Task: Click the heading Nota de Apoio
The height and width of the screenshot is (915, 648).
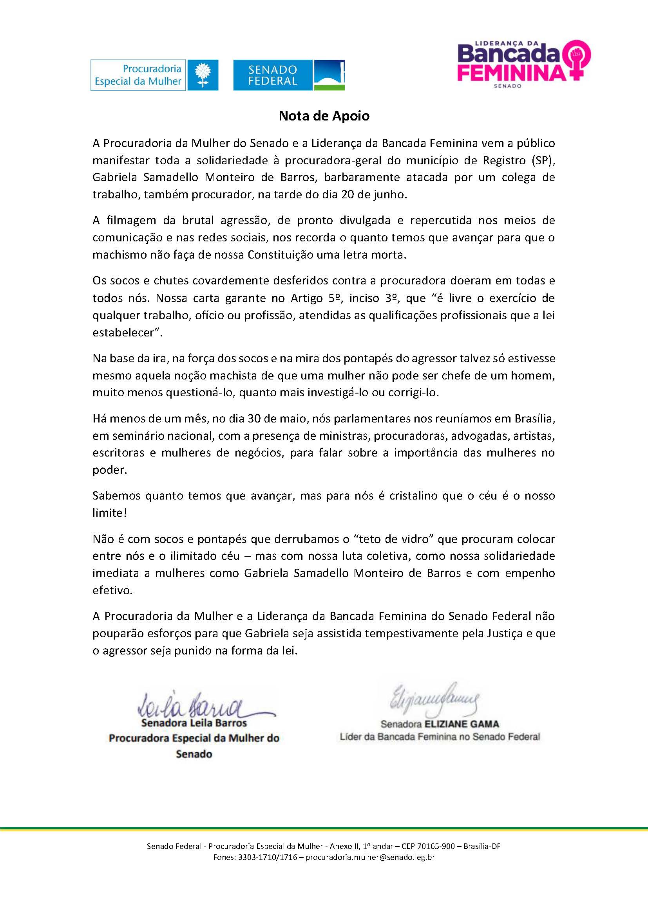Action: [x=324, y=115]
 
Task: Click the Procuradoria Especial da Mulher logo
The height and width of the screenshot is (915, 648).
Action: [x=154, y=75]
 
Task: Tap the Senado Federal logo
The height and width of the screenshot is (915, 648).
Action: [x=288, y=75]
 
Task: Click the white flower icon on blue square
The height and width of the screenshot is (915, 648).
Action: [x=203, y=75]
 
